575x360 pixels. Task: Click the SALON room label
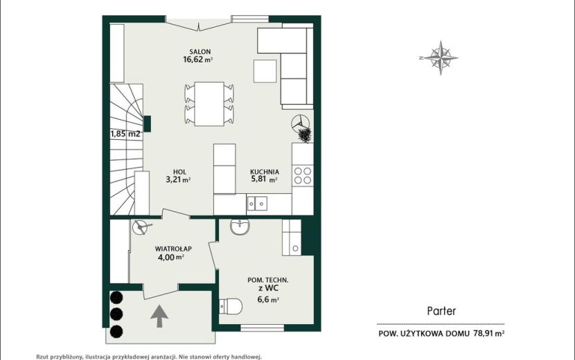click(x=200, y=52)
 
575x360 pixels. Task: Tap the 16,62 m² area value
click(x=198, y=60)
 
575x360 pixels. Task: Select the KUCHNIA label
click(x=265, y=172)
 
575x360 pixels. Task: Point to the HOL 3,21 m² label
click(x=179, y=176)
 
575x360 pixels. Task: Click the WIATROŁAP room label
click(x=173, y=249)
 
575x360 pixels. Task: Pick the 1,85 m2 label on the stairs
click(x=125, y=134)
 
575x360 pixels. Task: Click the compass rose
click(x=440, y=57)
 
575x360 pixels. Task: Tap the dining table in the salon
click(x=209, y=104)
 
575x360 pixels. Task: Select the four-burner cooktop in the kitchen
click(x=303, y=175)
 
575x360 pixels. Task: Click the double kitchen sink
click(x=257, y=204)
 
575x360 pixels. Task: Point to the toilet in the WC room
click(x=231, y=306)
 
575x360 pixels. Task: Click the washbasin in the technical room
click(x=240, y=226)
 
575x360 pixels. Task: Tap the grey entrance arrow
click(x=159, y=316)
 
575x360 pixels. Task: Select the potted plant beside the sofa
click(x=305, y=134)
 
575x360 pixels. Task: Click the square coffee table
click(x=265, y=71)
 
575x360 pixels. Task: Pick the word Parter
click(x=441, y=312)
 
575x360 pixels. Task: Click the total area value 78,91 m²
click(x=489, y=334)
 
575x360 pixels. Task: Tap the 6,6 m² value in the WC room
click(x=268, y=300)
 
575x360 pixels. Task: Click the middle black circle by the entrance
click(x=116, y=314)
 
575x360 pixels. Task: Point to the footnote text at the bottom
click(x=149, y=357)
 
